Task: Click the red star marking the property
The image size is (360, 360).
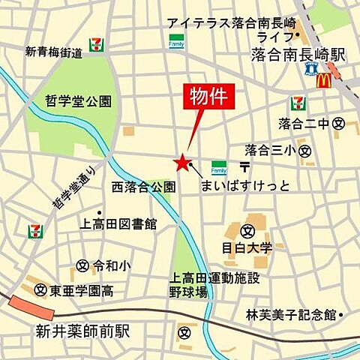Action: click(x=181, y=161)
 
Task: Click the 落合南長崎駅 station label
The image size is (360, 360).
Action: click(x=298, y=55)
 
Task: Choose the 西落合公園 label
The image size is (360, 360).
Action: click(x=144, y=185)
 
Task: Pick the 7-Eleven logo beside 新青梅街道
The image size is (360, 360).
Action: click(x=96, y=43)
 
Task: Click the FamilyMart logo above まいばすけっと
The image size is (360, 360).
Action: click(x=219, y=165)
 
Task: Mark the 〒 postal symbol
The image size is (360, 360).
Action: click(x=244, y=165)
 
